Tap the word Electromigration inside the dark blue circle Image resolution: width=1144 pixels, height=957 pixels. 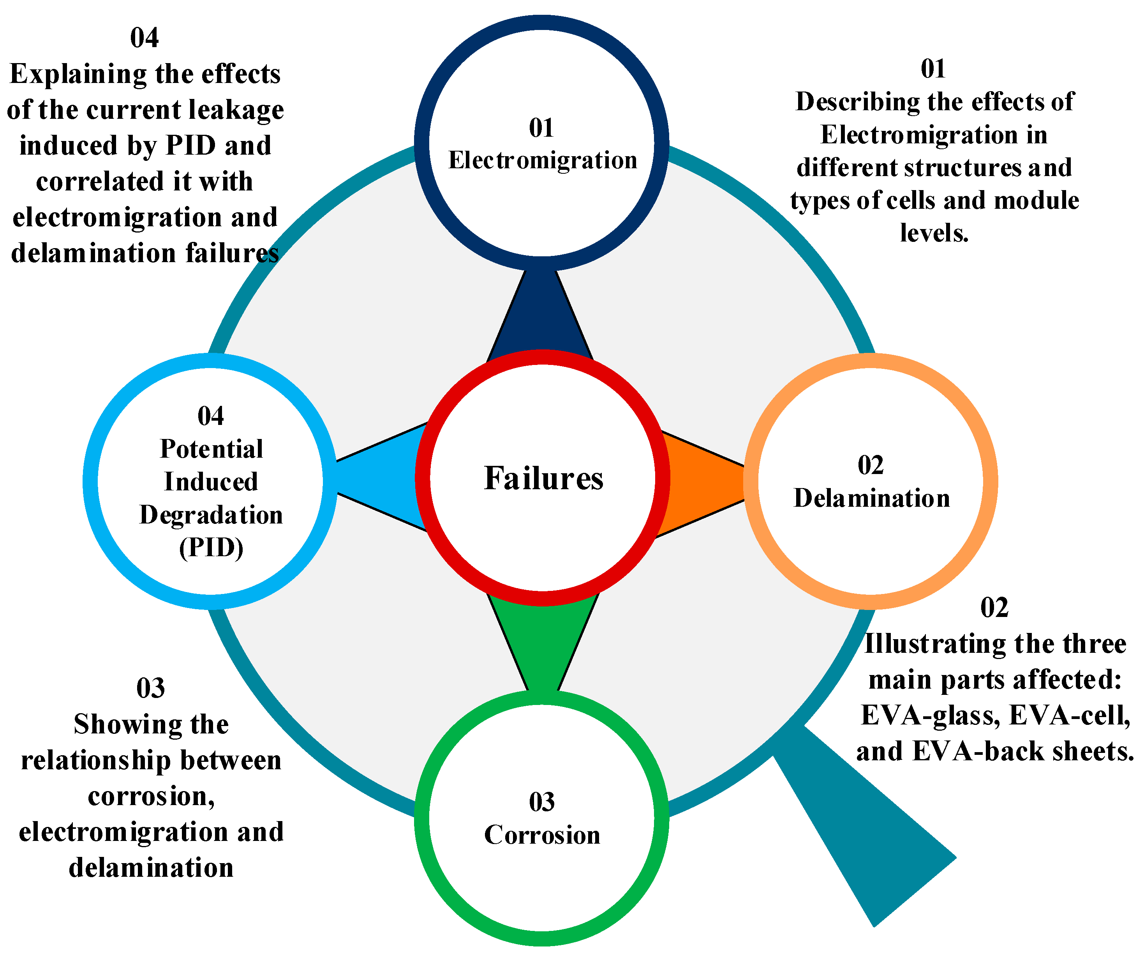[x=543, y=160]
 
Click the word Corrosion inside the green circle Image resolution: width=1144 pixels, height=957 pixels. [x=542, y=835]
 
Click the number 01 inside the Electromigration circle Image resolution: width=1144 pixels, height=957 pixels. [x=541, y=128]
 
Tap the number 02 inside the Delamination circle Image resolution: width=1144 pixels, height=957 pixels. [x=871, y=465]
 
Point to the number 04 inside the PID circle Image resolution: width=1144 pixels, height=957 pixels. [x=210, y=416]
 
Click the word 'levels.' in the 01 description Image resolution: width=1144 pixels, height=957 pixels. [x=934, y=233]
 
